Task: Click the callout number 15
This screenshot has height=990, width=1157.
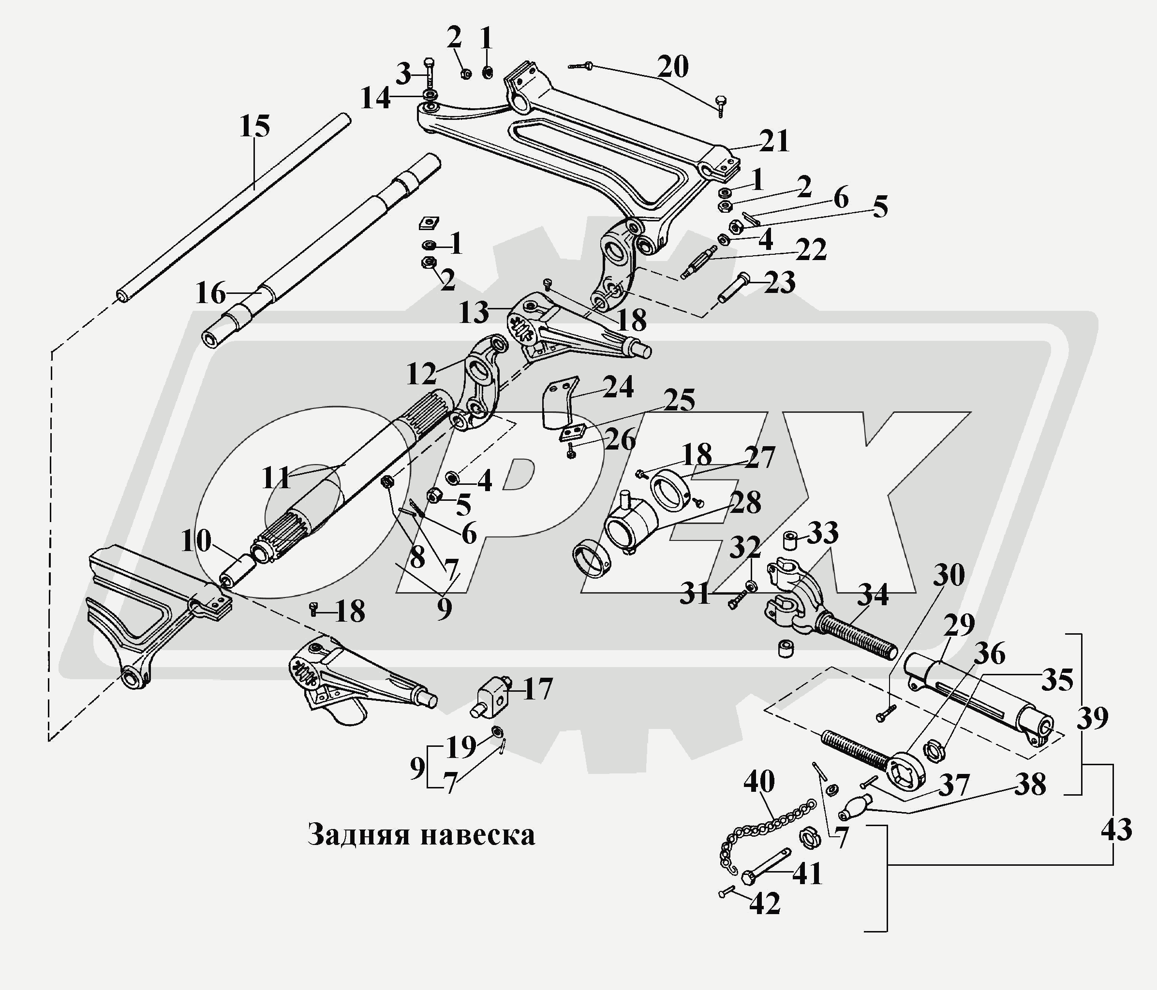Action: tap(254, 126)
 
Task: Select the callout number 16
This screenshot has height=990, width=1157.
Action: tap(211, 293)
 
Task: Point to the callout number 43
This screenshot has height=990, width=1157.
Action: tap(1116, 830)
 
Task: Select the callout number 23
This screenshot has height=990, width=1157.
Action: tap(780, 283)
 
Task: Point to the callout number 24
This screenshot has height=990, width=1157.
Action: tap(618, 387)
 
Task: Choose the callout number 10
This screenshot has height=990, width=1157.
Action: tap(196, 541)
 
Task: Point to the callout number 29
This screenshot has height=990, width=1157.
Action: tap(959, 625)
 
